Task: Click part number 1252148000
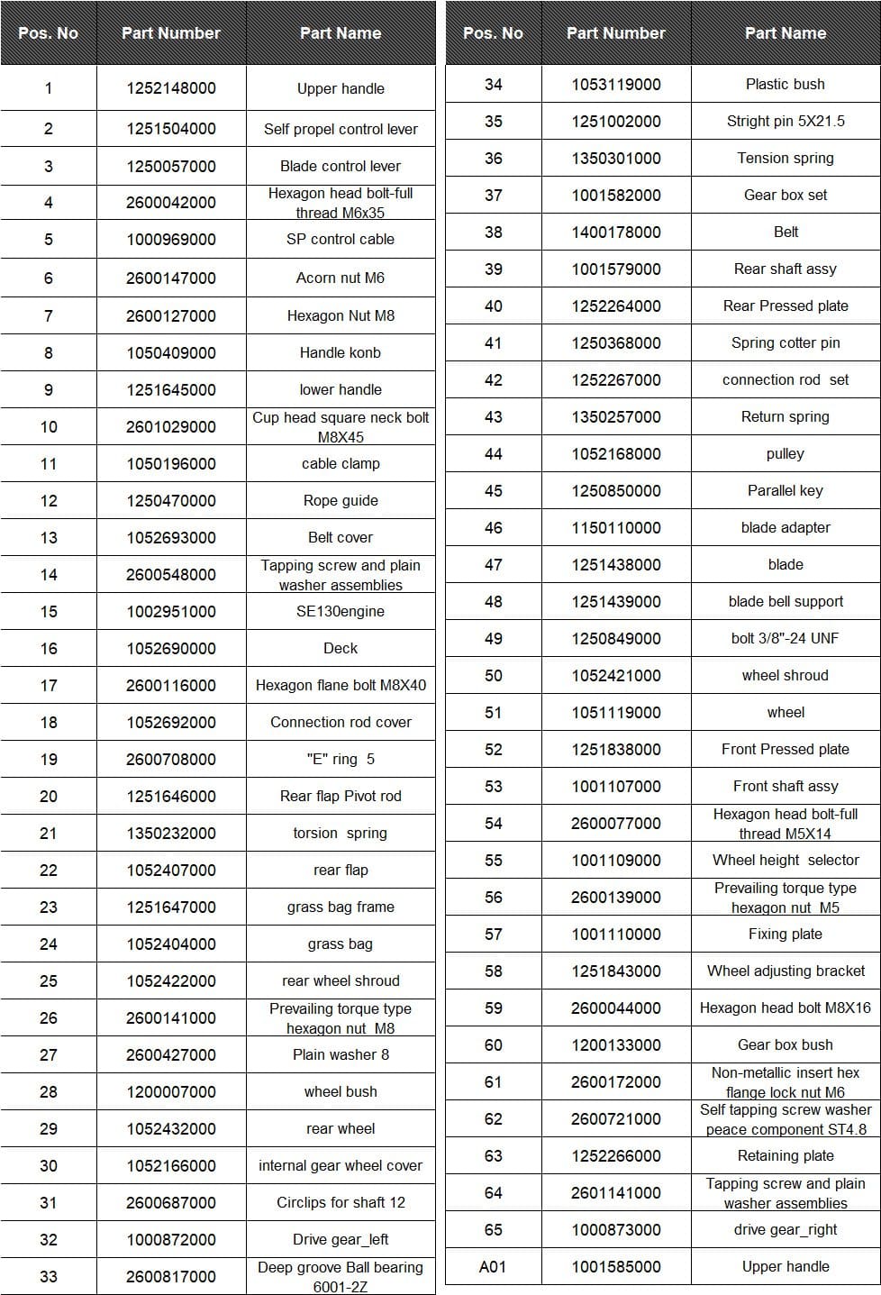point(171,88)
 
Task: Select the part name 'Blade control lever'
point(341,166)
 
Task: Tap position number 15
point(49,611)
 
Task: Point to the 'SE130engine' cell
point(341,611)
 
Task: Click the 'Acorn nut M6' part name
point(341,278)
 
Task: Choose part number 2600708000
point(171,759)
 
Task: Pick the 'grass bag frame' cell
point(341,907)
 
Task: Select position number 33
point(49,1276)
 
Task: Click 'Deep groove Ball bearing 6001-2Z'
point(341,1276)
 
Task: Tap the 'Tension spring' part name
point(786,158)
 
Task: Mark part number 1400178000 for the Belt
point(616,232)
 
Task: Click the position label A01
point(493,1266)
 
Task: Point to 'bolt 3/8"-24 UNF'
point(786,638)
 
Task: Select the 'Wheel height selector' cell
point(786,860)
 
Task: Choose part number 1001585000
point(616,1266)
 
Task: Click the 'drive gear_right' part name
point(786,1229)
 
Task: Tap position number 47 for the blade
point(493,564)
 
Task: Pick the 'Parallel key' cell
point(786,490)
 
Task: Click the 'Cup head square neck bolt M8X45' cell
point(341,426)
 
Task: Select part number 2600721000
point(616,1118)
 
